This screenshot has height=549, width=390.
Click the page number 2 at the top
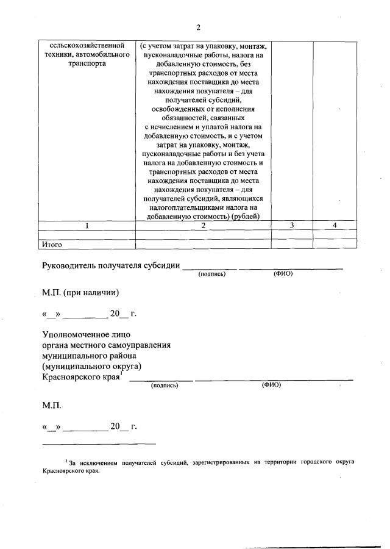(x=198, y=27)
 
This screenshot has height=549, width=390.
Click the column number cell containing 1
(x=87, y=226)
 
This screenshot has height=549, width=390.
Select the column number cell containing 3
(x=292, y=226)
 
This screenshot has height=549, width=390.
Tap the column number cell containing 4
(x=335, y=226)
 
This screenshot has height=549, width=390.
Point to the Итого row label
(x=52, y=245)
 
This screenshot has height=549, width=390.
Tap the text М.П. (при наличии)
(x=80, y=292)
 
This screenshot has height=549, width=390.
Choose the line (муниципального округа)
(x=91, y=367)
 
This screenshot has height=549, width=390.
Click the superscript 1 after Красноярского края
(x=121, y=374)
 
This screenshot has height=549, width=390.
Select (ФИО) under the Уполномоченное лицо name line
(x=271, y=386)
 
